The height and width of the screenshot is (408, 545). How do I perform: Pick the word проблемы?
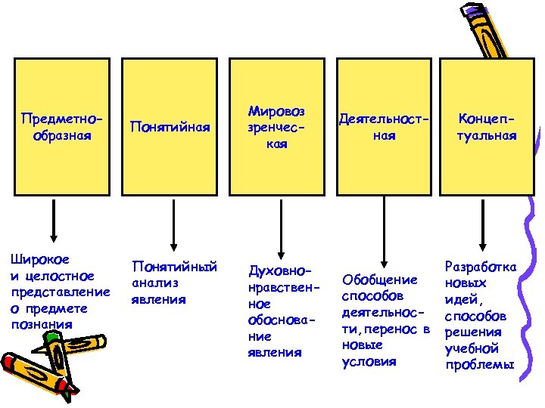pyautogui.click(x=480, y=364)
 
